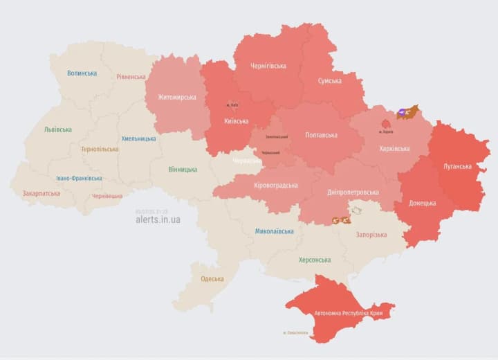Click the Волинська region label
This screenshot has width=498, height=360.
pos(82,73)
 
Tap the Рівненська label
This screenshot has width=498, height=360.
pos(131,77)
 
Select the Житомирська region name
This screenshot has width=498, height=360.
pos(176,97)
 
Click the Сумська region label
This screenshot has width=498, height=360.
pos(329,81)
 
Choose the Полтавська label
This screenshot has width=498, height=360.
pos(321,135)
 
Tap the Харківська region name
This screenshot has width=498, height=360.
pos(394,148)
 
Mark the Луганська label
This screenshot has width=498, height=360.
pos(457,166)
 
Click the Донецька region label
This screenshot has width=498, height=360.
pos(422,203)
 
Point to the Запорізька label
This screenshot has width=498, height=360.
pos(371,235)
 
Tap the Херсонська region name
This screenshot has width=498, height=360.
pos(314,260)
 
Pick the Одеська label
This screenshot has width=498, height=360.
pos(212,278)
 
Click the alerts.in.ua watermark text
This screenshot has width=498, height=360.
pos(158,219)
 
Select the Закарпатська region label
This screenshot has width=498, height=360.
pos(41,194)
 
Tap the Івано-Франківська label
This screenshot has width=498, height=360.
pos(79,178)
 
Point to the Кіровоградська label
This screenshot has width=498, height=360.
pos(275,185)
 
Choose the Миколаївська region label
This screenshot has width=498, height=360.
pos(274,231)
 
